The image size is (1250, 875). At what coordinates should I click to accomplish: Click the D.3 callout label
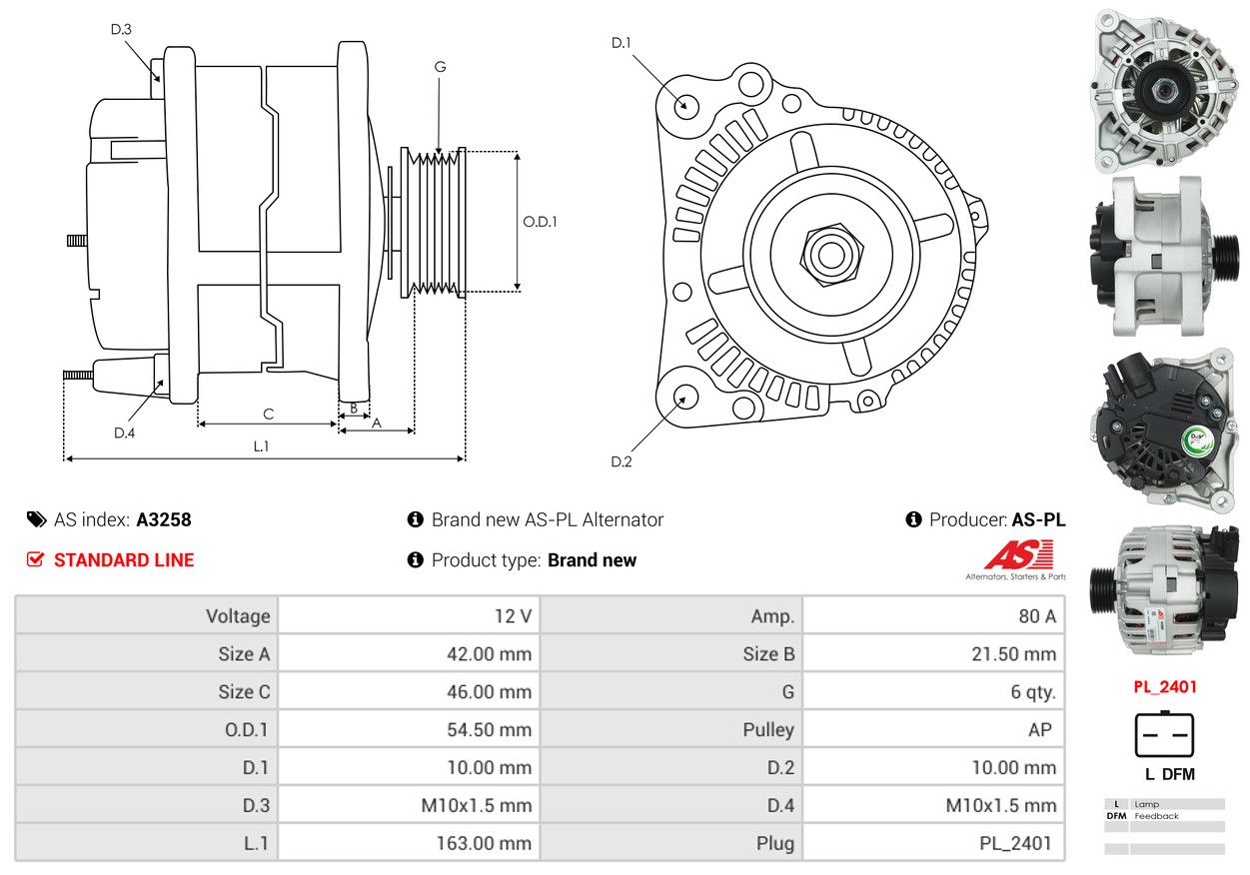coord(121,29)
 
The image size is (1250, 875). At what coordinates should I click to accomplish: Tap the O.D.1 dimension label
coord(540,222)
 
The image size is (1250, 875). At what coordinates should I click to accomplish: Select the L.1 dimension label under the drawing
coord(261,446)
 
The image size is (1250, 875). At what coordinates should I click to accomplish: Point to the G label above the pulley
coord(440,67)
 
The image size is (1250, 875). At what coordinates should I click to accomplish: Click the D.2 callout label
coord(622,461)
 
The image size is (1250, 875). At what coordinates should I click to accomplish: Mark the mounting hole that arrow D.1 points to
coord(685,105)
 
